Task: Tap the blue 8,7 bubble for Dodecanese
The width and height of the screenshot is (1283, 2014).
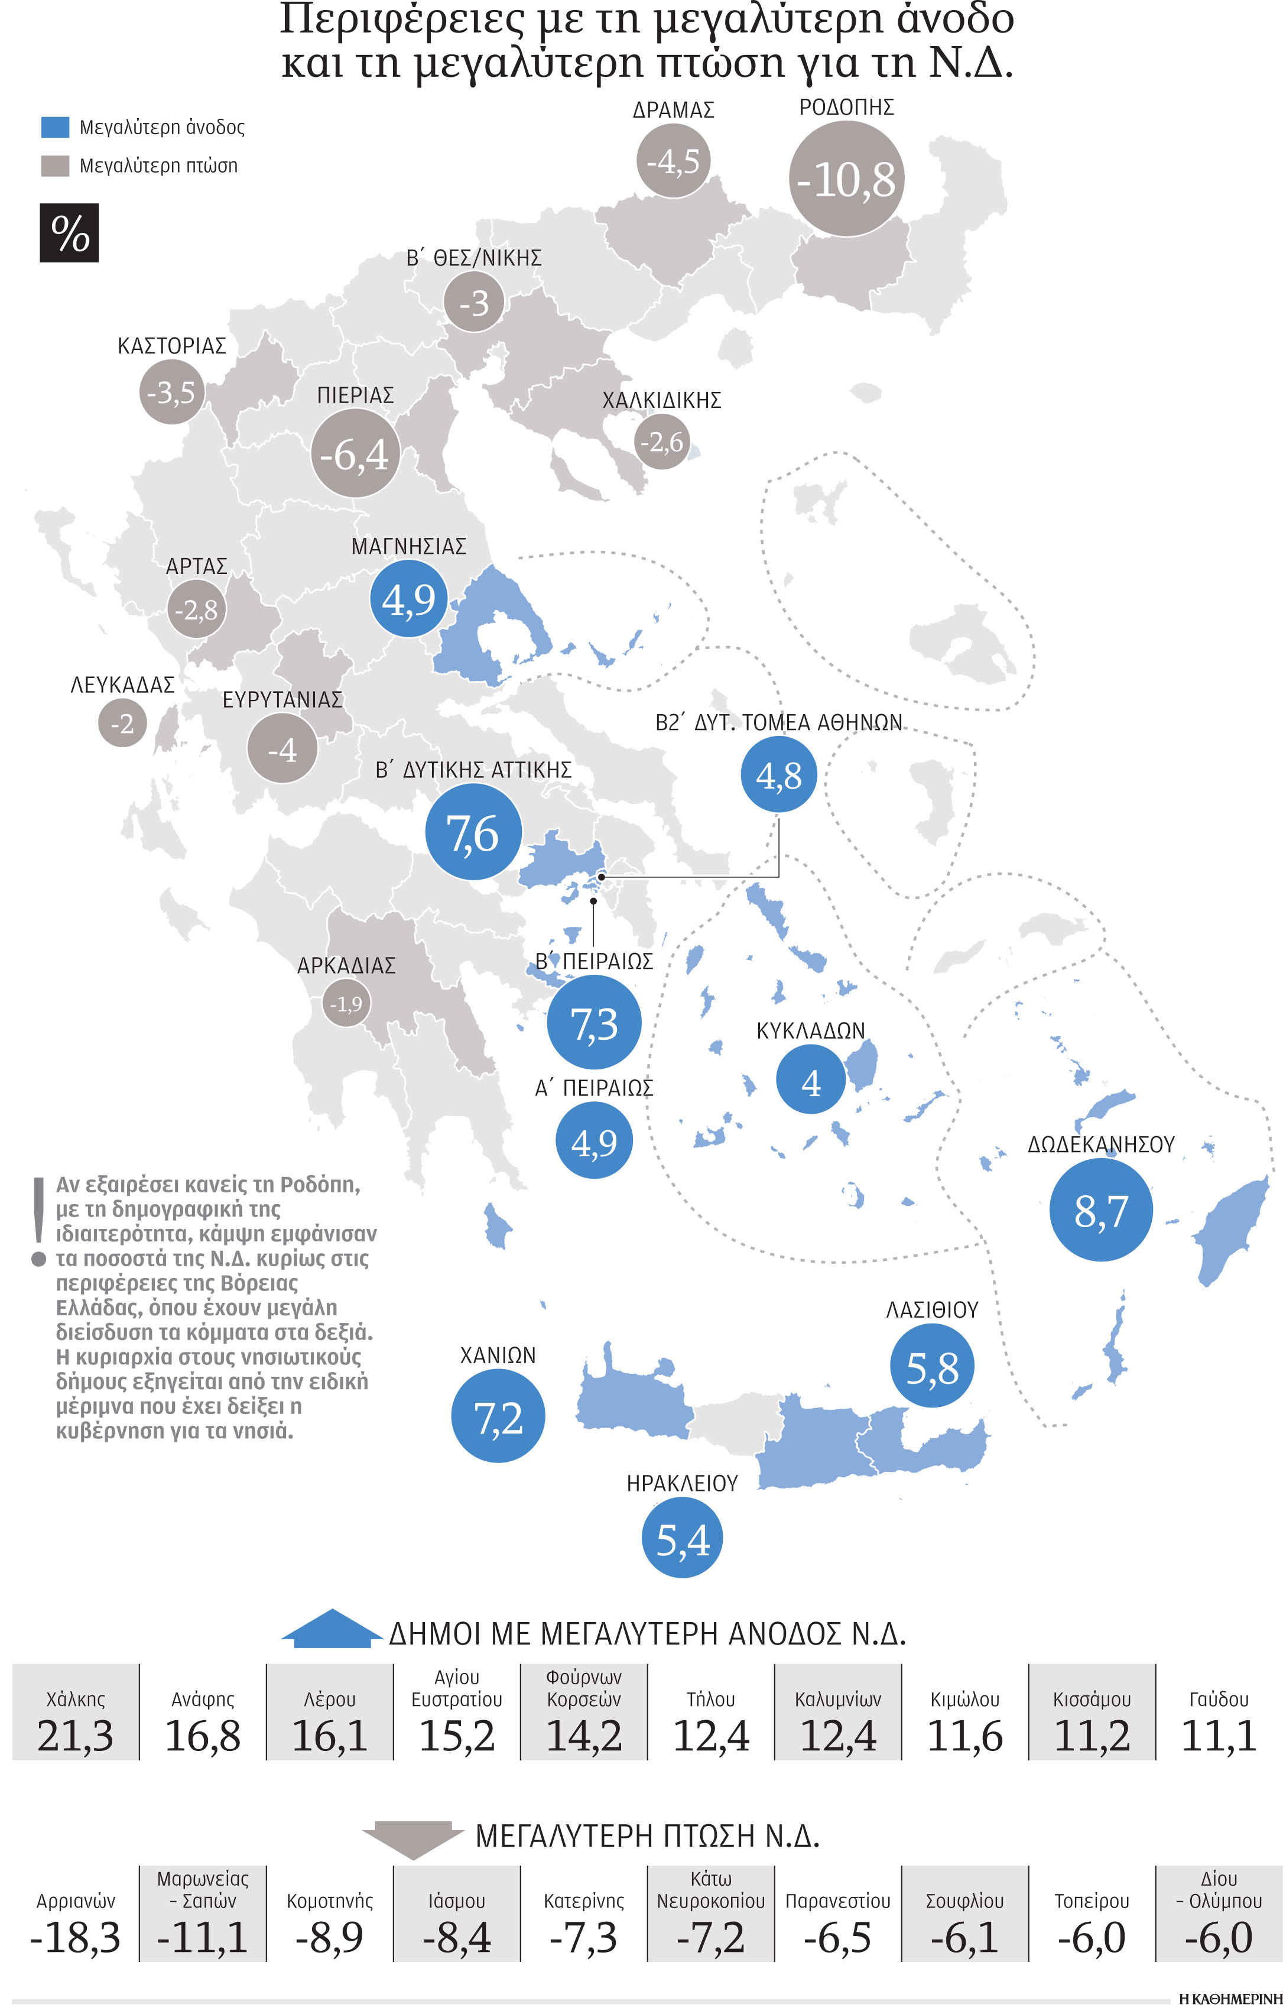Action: point(1100,1209)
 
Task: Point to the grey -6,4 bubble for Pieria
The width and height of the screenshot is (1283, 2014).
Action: point(355,454)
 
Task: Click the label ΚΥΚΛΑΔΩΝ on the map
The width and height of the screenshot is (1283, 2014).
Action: point(810,1030)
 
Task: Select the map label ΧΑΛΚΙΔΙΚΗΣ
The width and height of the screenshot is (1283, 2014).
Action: point(661,401)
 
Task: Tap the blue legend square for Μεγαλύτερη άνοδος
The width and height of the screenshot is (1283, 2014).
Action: point(55,127)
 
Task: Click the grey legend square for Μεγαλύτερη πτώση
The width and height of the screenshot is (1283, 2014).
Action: point(55,166)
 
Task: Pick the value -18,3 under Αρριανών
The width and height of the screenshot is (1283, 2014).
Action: point(75,1937)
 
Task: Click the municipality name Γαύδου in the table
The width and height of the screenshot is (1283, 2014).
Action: point(1219,1700)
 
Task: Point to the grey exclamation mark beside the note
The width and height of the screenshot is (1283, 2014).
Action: point(38,1221)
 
